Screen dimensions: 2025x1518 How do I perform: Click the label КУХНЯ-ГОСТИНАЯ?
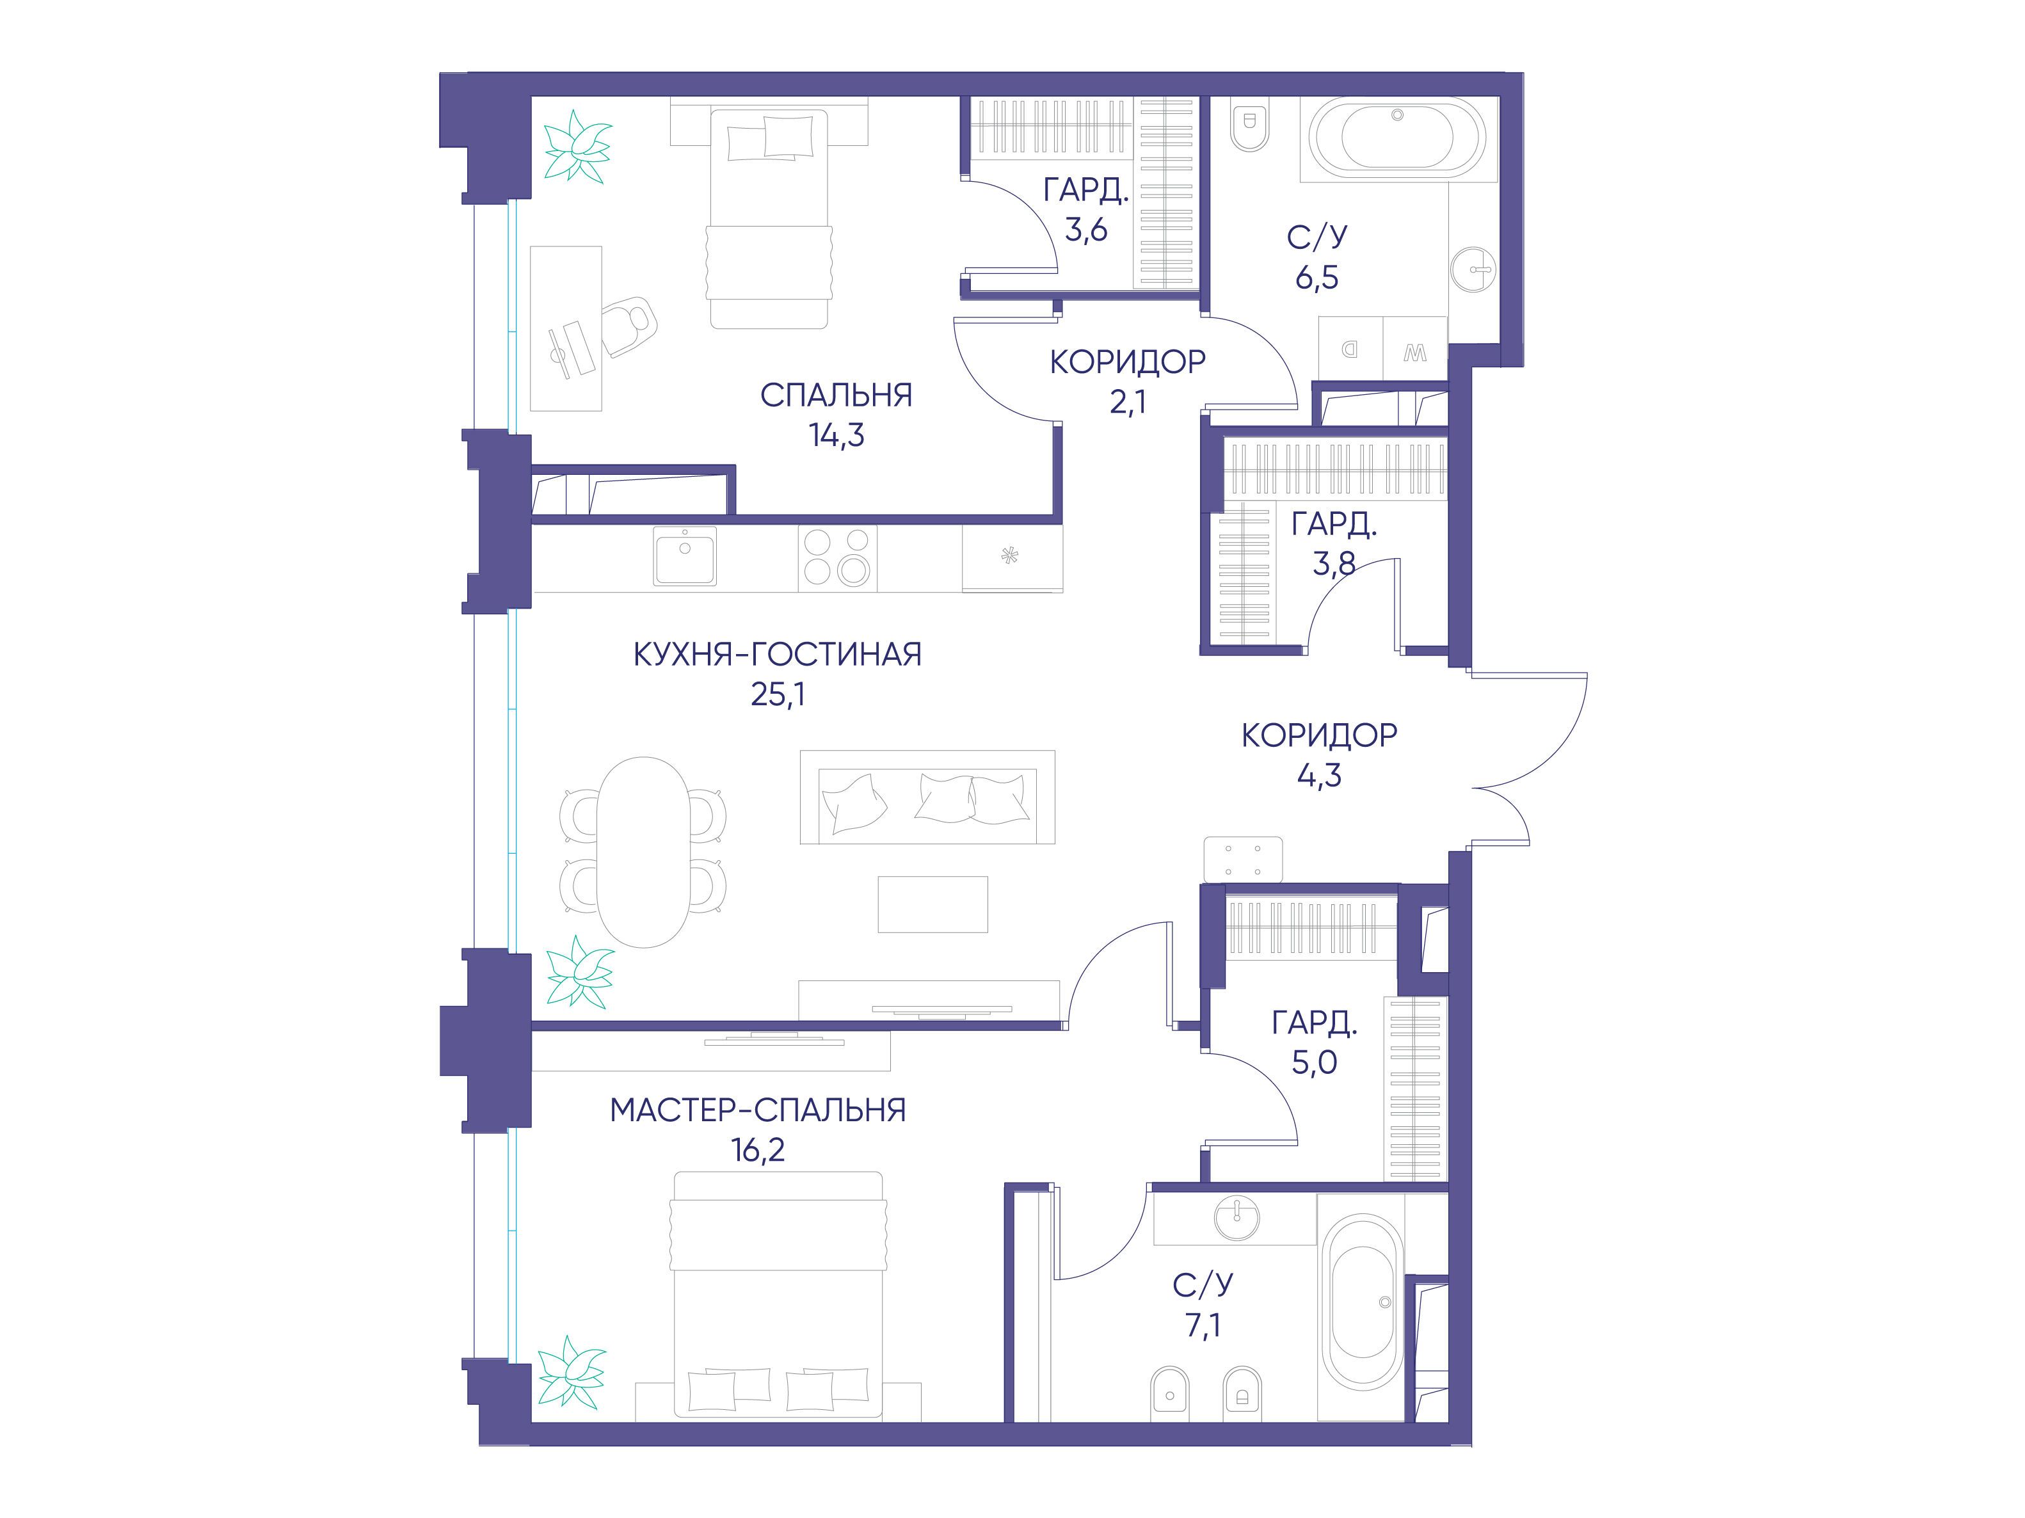[777, 655]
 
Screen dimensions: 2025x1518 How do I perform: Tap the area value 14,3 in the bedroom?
[836, 436]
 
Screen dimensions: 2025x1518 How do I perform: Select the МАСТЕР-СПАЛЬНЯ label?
[758, 1110]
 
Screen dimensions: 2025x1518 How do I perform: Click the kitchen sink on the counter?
[685, 555]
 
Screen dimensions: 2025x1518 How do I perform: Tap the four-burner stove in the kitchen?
[836, 557]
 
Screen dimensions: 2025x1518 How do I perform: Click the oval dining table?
[644, 851]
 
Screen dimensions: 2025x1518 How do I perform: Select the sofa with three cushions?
[927, 797]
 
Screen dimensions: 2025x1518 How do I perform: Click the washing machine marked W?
[1414, 348]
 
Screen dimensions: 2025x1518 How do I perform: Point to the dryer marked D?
[1350, 348]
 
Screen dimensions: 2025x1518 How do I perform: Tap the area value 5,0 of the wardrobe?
[1315, 1062]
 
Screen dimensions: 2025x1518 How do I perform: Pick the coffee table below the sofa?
[933, 904]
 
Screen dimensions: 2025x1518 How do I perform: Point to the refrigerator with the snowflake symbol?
[1012, 557]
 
